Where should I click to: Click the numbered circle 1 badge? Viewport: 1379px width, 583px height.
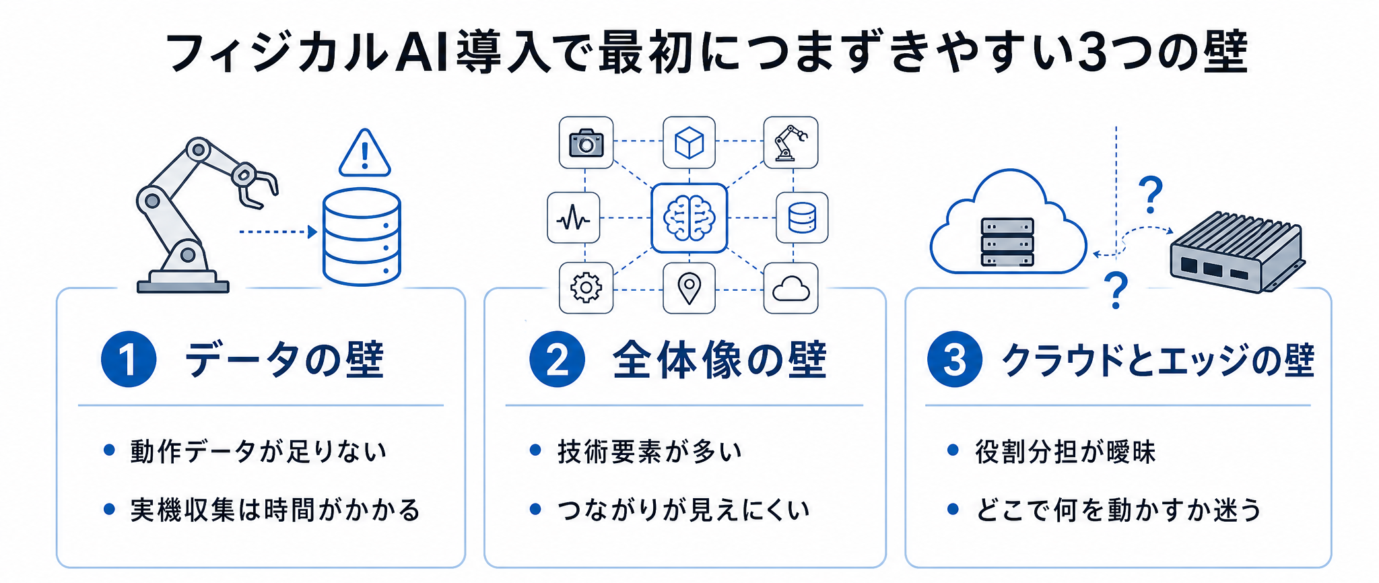[129, 359]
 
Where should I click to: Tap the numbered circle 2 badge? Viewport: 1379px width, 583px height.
[557, 359]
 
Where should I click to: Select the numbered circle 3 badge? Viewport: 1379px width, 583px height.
[955, 359]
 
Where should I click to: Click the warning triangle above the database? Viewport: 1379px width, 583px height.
[364, 153]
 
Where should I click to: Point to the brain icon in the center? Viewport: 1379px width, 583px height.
[689, 218]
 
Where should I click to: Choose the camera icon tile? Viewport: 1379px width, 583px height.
[586, 142]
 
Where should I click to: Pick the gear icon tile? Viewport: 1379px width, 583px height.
[586, 288]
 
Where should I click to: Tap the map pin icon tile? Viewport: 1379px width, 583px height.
[689, 288]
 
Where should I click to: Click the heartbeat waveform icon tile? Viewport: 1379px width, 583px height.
[574, 218]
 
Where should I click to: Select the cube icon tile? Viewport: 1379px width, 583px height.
[689, 142]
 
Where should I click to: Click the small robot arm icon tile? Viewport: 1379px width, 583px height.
[791, 142]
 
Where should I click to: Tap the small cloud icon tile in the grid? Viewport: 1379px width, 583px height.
[791, 288]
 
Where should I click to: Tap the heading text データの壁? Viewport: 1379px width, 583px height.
[284, 359]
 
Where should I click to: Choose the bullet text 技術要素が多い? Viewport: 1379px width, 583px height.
[650, 451]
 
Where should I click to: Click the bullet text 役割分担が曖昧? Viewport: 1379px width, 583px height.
[1065, 451]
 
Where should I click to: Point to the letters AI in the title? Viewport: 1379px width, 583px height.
[422, 53]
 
